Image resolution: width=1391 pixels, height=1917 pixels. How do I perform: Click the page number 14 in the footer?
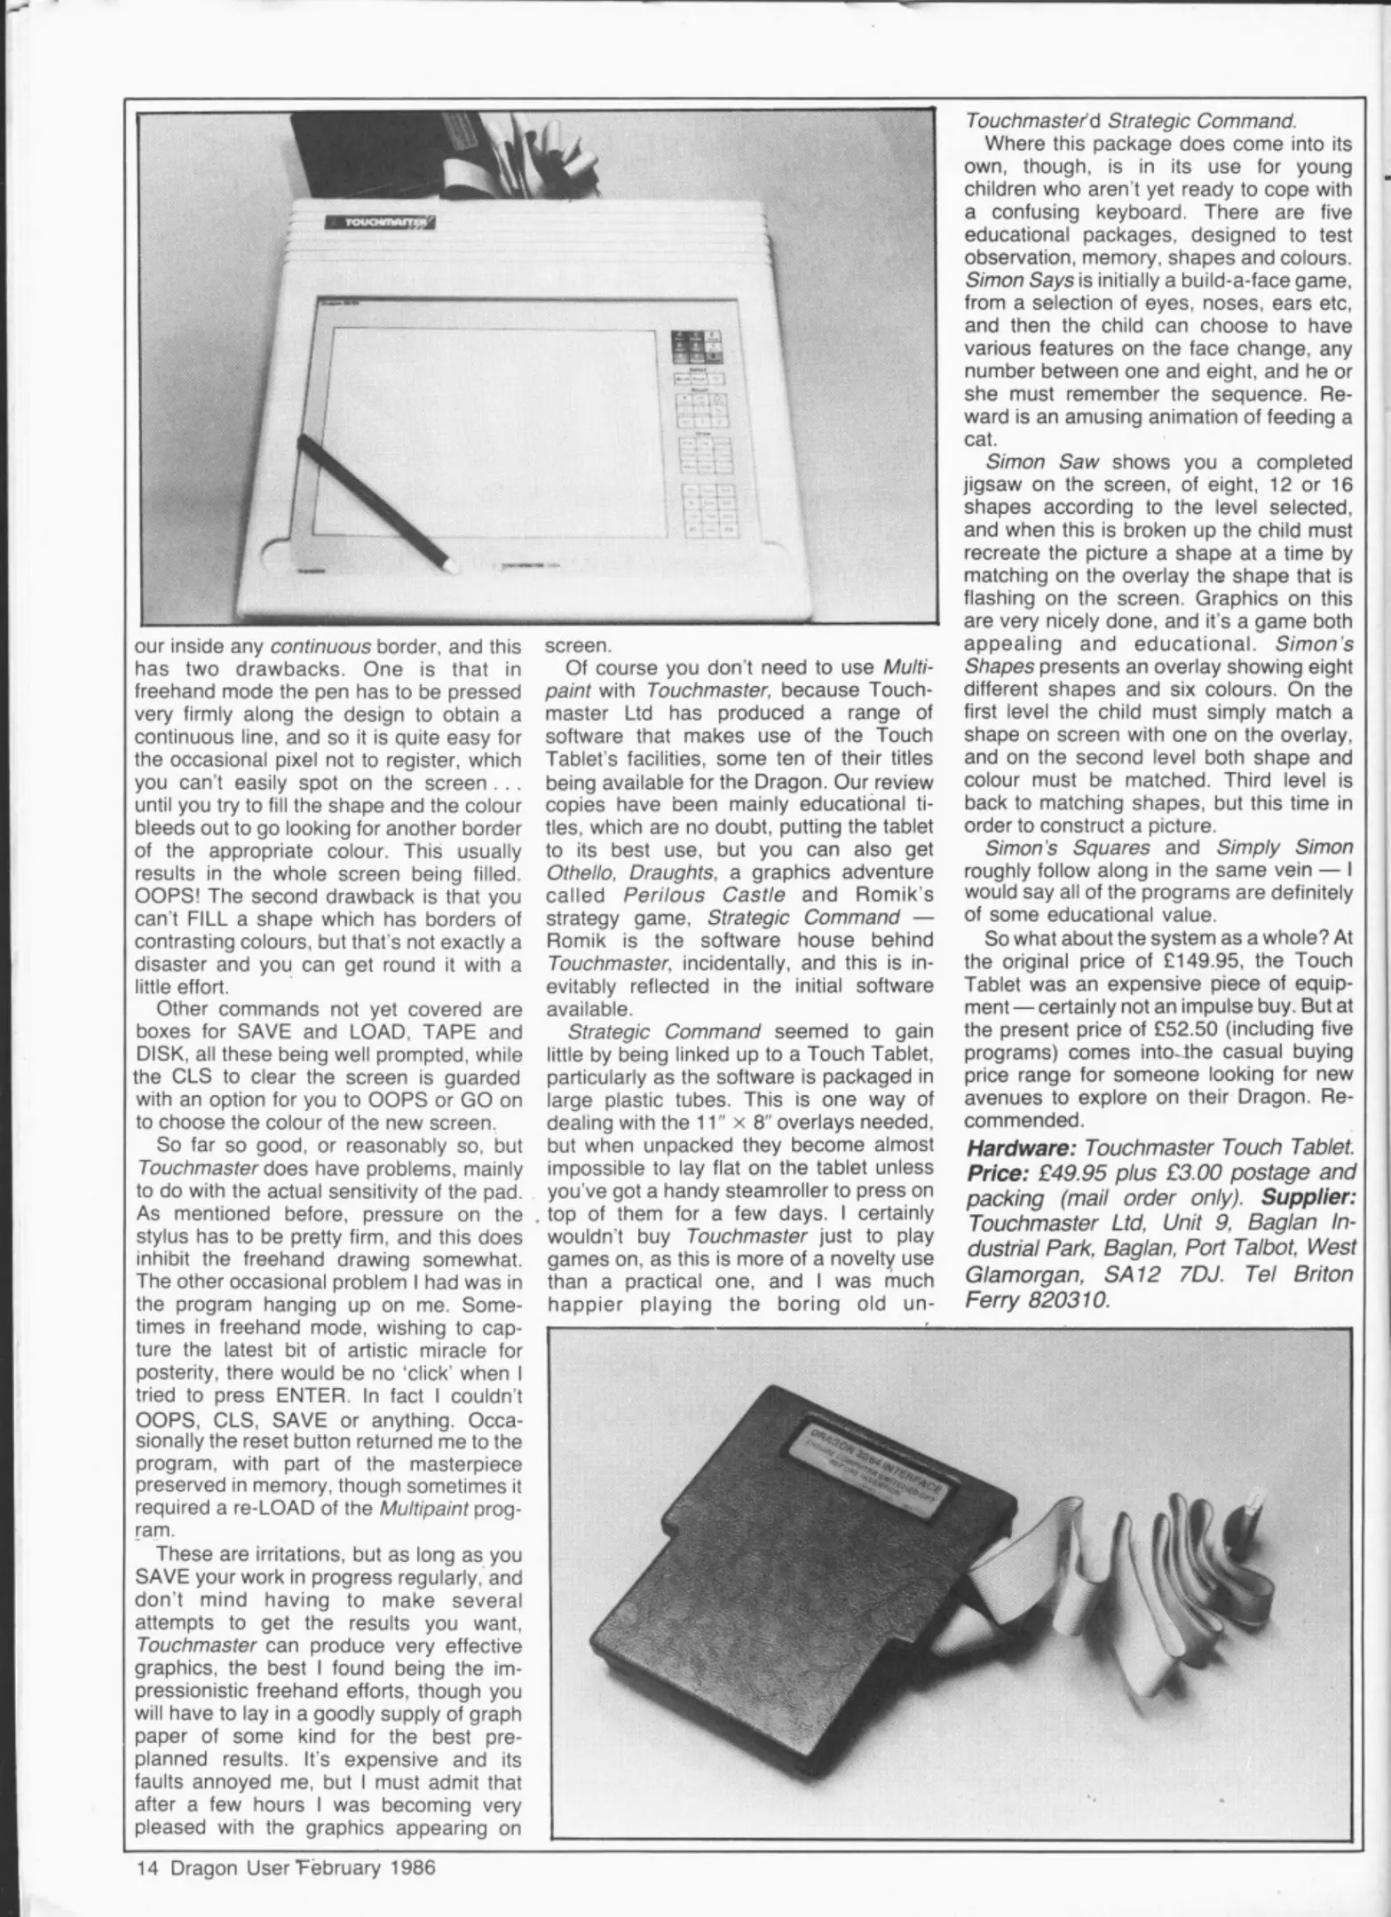(146, 1867)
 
